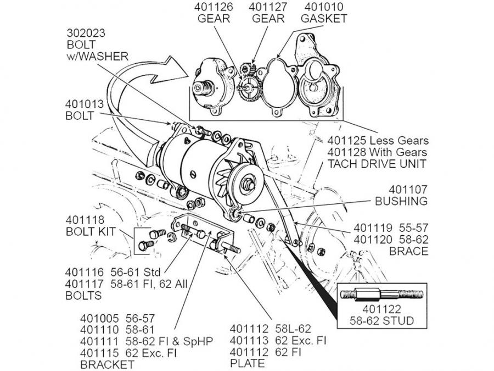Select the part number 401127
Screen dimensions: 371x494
267,8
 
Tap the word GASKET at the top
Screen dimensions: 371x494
324,19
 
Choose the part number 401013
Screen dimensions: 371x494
86,104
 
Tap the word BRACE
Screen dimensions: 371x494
408,251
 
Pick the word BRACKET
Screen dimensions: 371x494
108,364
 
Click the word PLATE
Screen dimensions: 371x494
248,363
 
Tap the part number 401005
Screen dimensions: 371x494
101,318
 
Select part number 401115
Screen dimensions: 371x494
101,352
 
